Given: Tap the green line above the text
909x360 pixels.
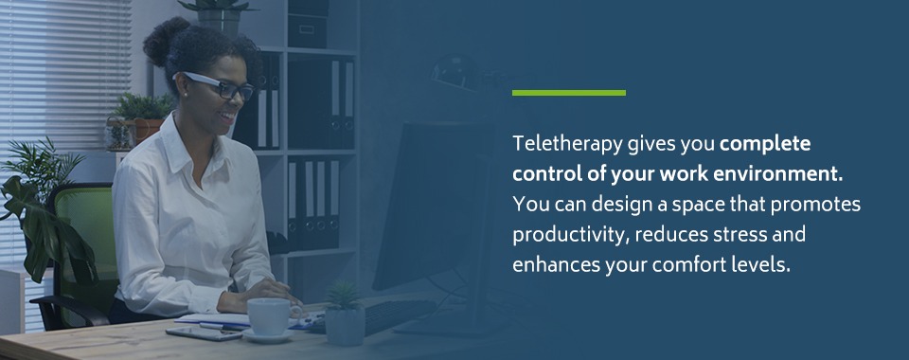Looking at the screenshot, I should [x=568, y=93].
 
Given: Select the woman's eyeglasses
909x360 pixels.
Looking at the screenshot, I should [x=220, y=86].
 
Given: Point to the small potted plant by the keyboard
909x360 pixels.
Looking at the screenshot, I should [x=345, y=313].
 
